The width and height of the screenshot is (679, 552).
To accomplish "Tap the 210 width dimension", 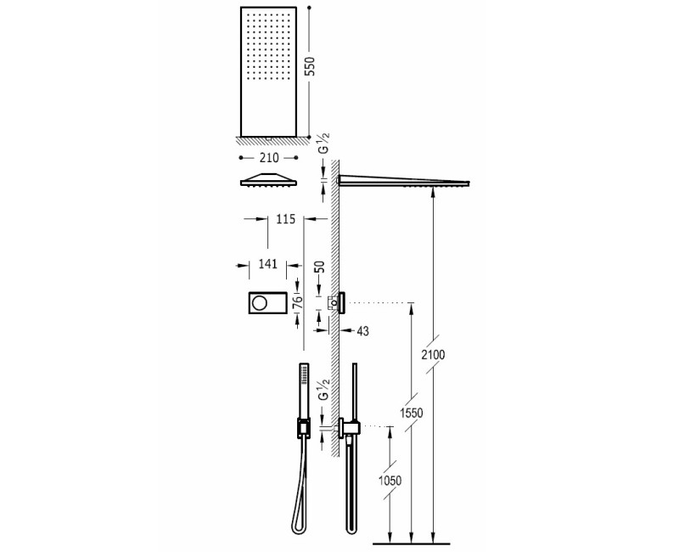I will pos(269,157).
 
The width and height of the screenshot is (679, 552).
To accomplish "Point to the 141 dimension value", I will pos(267,265).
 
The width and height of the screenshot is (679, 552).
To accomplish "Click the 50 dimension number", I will pos(321,267).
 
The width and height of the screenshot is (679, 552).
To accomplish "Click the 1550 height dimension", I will pos(412,414).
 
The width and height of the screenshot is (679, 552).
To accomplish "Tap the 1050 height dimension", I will pos(390,480).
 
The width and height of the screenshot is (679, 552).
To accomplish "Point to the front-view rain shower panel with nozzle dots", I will pos(269,70).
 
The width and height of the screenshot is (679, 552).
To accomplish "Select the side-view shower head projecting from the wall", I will pos(403,180).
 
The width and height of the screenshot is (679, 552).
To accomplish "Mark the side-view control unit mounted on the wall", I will pos(340,302).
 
